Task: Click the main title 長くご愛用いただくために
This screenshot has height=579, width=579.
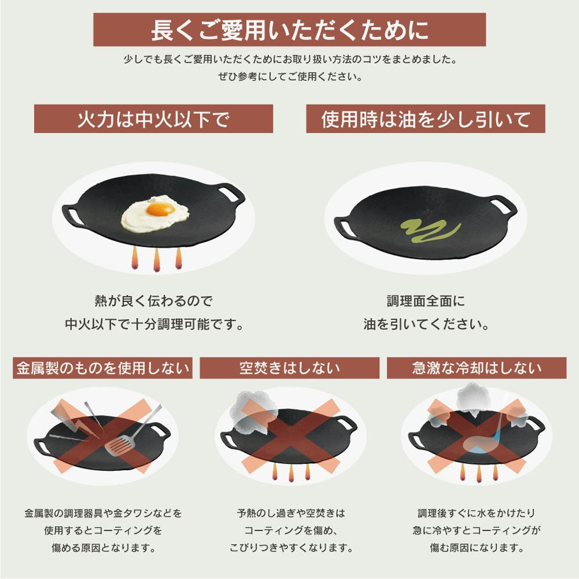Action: coord(289,30)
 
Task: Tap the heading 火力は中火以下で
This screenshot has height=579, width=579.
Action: coord(153,119)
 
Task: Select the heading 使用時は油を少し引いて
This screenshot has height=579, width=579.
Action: coord(426,119)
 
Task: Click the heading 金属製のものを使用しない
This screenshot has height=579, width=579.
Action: coord(102,368)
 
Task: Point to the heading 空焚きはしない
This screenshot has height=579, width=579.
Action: coord(289,368)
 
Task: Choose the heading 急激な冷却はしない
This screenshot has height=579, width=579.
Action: coord(477,368)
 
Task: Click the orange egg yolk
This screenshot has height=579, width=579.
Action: coord(160,209)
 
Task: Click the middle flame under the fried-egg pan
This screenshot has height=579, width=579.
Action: coord(156,259)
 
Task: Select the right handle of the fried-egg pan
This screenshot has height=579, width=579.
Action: coord(230,193)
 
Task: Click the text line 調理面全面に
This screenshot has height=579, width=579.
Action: coord(426,301)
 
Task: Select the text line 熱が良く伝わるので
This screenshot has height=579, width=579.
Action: coord(153,301)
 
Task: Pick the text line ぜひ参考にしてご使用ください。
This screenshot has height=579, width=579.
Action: coord(290,76)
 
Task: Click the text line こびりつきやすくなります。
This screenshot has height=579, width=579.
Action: coord(291,547)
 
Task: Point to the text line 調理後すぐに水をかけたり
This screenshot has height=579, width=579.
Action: coord(477,513)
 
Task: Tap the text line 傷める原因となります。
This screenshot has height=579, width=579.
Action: coord(104,547)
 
